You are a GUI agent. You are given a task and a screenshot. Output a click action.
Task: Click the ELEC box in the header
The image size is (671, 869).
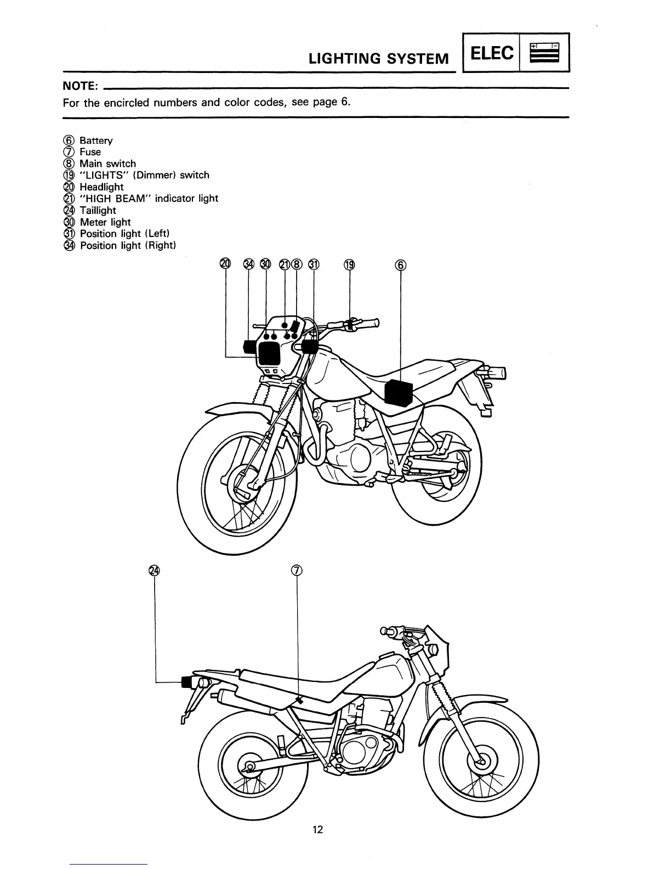pos(492,53)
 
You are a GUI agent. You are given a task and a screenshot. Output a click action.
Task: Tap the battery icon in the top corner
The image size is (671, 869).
pos(544,53)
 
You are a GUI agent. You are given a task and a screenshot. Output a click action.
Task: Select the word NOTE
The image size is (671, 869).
pos(80,87)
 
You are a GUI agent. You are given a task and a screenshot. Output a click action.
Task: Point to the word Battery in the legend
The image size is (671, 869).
pos(96,140)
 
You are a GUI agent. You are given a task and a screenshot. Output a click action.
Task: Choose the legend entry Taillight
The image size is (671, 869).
pos(98,210)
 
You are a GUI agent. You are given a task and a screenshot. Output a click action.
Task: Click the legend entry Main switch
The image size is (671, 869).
pos(107,163)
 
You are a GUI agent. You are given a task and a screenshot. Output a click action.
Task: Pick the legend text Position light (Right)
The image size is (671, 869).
pos(127,245)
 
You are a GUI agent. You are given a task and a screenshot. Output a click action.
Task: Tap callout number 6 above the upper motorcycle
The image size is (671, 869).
pos(401,264)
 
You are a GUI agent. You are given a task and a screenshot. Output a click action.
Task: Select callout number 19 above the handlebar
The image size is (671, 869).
pos(349,264)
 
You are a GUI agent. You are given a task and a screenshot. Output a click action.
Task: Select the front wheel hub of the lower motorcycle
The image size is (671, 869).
pos(481,761)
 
